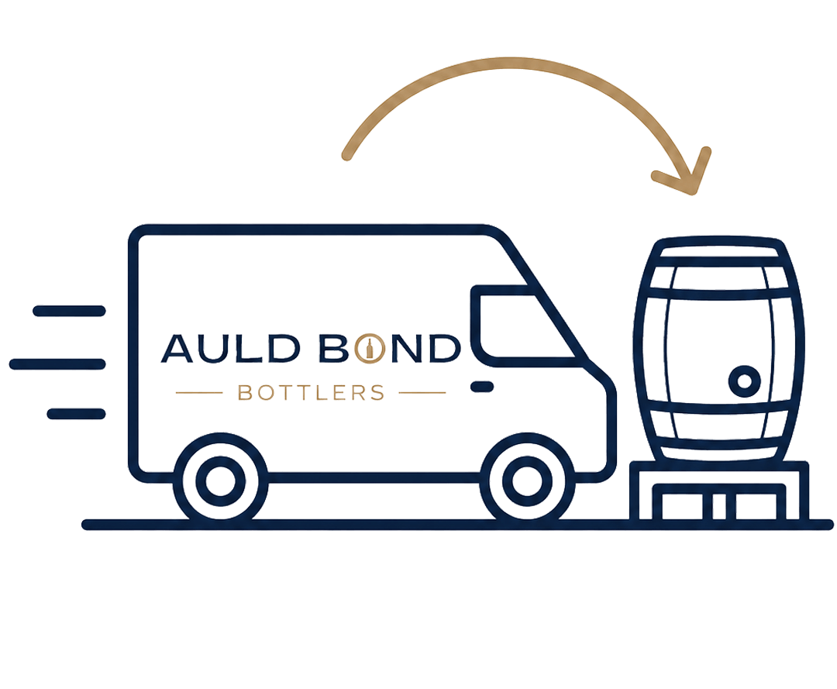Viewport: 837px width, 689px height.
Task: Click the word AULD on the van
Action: click(x=231, y=349)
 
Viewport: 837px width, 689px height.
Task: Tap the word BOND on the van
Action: click(x=390, y=349)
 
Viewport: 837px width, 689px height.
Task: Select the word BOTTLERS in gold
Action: click(x=311, y=393)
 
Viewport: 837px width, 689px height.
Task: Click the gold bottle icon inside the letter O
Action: click(x=370, y=349)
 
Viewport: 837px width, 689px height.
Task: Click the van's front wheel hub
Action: click(x=527, y=480)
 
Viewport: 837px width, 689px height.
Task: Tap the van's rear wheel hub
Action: click(x=220, y=480)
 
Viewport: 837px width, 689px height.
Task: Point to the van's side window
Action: click(x=525, y=326)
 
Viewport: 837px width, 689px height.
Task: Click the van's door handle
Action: click(x=482, y=387)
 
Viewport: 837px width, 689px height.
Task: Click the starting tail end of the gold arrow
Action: click(x=347, y=155)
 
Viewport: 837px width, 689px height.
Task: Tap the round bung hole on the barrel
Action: click(x=744, y=381)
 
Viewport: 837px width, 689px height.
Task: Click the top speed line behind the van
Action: click(x=70, y=311)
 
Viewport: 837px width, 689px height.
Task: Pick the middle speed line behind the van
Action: click(x=57, y=364)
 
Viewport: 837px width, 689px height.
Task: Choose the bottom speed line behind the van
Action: click(x=76, y=414)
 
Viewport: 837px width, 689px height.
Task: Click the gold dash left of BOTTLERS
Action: click(x=199, y=393)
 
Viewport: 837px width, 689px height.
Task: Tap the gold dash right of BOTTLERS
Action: click(x=422, y=393)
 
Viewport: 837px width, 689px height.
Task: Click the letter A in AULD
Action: click(x=177, y=349)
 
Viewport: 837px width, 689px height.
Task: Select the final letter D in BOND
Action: click(x=444, y=349)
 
